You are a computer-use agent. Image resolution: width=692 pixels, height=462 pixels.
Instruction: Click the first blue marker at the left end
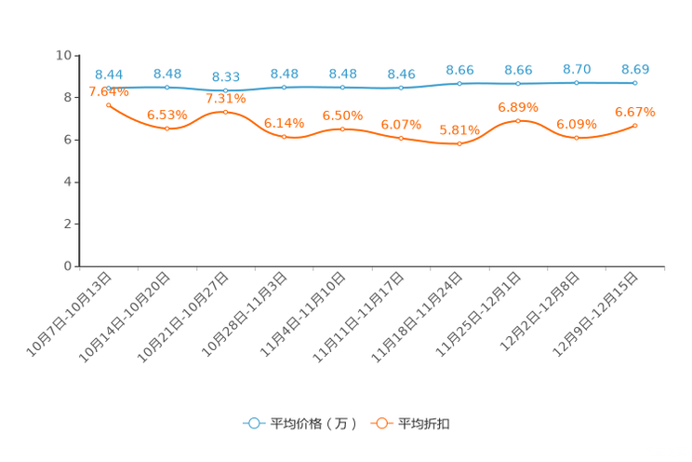[x=109, y=88]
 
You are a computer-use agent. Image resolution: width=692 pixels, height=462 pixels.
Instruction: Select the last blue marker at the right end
[x=635, y=83]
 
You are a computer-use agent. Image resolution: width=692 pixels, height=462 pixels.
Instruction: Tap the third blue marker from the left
[x=226, y=90]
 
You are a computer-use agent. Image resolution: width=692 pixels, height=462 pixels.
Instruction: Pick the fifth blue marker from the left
[x=343, y=88]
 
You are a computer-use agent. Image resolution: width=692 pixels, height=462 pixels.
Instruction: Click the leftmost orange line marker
[x=109, y=104]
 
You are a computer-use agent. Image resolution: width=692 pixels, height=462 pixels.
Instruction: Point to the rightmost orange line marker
[x=635, y=125]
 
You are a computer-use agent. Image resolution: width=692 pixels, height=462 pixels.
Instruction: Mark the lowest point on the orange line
[x=459, y=143]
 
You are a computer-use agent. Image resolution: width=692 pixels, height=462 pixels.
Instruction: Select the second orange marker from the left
[x=167, y=129]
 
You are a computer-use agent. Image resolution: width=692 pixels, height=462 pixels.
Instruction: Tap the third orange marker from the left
[x=226, y=112]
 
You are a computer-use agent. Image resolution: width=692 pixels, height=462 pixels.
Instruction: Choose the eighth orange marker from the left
[x=518, y=121]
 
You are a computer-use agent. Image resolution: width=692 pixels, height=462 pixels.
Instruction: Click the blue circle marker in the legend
[x=253, y=423]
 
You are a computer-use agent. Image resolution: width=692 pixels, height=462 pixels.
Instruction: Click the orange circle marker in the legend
[x=381, y=423]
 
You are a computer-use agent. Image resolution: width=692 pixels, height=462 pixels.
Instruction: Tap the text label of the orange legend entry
[x=425, y=424]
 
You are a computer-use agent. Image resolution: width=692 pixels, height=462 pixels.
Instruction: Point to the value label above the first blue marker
[x=109, y=74]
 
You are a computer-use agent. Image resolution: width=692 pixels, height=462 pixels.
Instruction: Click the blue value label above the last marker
[x=635, y=69]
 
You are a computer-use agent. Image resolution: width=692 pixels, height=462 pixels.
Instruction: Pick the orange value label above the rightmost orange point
[x=635, y=111]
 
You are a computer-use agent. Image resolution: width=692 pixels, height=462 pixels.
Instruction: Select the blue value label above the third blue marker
[x=226, y=76]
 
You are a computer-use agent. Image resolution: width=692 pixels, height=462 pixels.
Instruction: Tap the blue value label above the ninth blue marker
[x=577, y=69]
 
